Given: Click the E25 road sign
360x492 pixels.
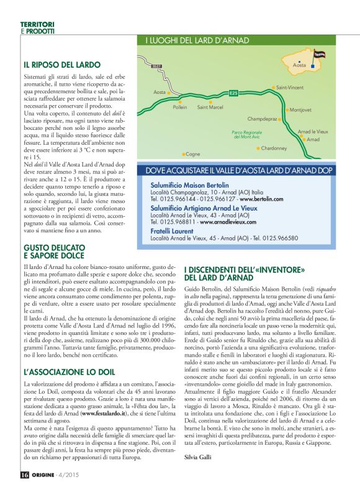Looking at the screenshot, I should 233,93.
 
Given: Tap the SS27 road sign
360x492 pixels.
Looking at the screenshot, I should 156,65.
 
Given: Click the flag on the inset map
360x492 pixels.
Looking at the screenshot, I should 320,55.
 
